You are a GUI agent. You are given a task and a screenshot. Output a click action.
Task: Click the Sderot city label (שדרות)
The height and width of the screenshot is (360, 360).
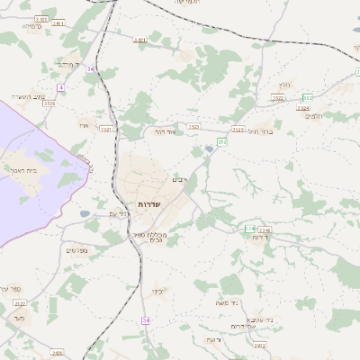149,204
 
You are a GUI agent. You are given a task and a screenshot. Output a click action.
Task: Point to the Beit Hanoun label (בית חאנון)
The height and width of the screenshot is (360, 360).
24,170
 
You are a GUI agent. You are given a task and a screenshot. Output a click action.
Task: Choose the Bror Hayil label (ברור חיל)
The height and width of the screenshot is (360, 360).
258,131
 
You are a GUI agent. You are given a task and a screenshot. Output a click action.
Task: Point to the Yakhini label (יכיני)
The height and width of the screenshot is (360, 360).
157,292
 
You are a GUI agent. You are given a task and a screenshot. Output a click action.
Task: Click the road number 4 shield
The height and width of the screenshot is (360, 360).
60,86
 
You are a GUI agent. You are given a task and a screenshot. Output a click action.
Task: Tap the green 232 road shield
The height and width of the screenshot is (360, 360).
249,229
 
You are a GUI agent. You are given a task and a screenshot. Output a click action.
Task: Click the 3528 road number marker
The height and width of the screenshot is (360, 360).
49,104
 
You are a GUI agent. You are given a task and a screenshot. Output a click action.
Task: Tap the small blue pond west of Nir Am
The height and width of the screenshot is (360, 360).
85,213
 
